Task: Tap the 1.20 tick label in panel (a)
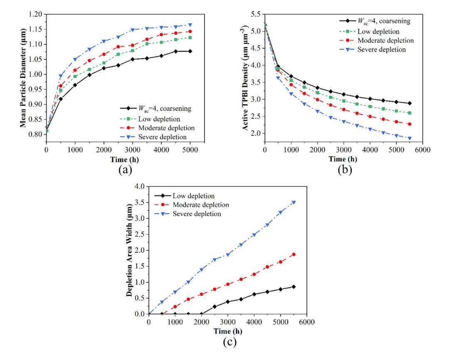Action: click(x=35, y=15)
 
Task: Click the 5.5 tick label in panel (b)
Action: click(x=256, y=15)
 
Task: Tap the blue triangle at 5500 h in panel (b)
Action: click(x=410, y=138)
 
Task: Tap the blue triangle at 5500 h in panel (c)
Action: click(x=294, y=202)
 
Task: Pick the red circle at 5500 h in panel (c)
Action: click(x=294, y=254)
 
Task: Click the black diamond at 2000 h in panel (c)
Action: click(x=202, y=314)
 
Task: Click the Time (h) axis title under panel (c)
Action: click(x=228, y=331)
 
